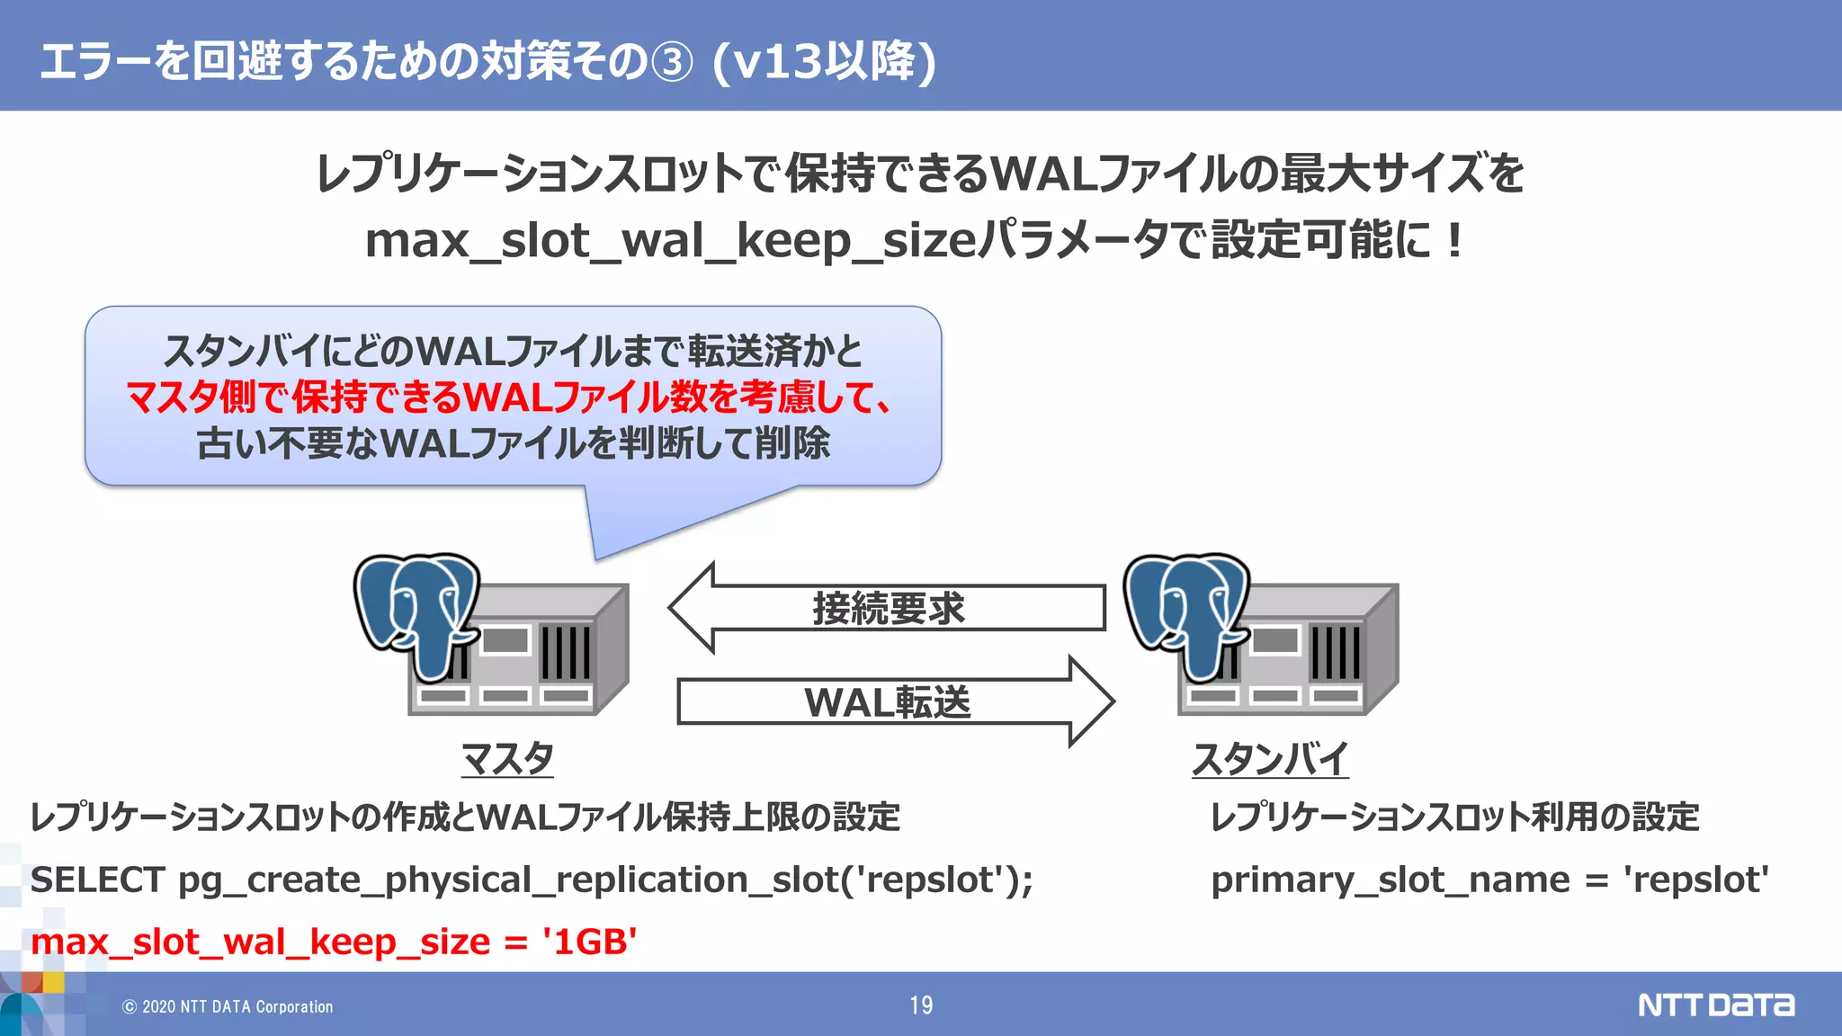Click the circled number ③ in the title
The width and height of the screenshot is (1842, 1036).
tap(672, 63)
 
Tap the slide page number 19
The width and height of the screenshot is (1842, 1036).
tap(921, 1005)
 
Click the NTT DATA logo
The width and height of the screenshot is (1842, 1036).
tap(1715, 1005)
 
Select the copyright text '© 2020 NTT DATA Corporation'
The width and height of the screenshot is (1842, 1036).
tap(228, 1006)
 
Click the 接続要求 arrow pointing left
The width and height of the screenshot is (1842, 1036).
tap(886, 608)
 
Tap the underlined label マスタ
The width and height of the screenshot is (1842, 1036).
tap(507, 758)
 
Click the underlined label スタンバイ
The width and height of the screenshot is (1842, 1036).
tap(1270, 758)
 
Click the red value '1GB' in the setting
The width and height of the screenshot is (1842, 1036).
tap(589, 942)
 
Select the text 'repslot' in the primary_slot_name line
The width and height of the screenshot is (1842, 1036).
tap(1696, 880)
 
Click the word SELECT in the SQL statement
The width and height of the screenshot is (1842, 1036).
tap(97, 880)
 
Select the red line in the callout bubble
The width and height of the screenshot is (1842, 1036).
tap(509, 397)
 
